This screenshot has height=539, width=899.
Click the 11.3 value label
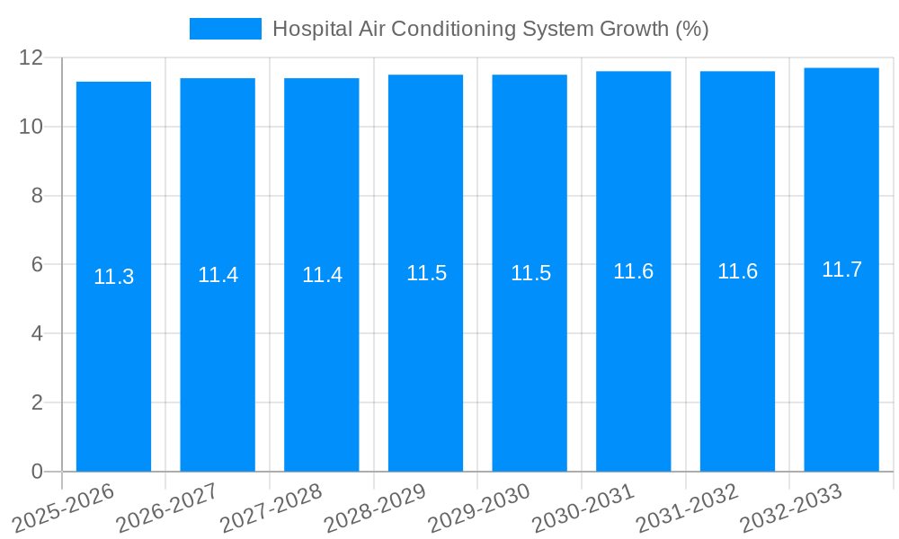pos(113,277)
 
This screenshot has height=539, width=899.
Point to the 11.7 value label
pos(841,269)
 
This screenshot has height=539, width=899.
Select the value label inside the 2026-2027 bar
pos(218,275)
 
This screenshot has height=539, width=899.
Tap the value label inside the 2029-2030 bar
pos(530,273)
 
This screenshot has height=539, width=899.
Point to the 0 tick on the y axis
pos(37,472)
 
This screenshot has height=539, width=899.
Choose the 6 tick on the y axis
pos(37,265)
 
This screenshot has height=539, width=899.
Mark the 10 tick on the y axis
pos(31,127)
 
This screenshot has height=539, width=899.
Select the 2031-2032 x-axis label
pos(688,508)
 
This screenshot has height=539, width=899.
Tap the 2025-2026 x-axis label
pos(64,508)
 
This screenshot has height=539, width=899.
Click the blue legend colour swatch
pos(225,29)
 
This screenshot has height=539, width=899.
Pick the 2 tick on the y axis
pos(37,402)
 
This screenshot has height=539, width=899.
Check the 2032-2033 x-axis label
pos(791,508)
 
